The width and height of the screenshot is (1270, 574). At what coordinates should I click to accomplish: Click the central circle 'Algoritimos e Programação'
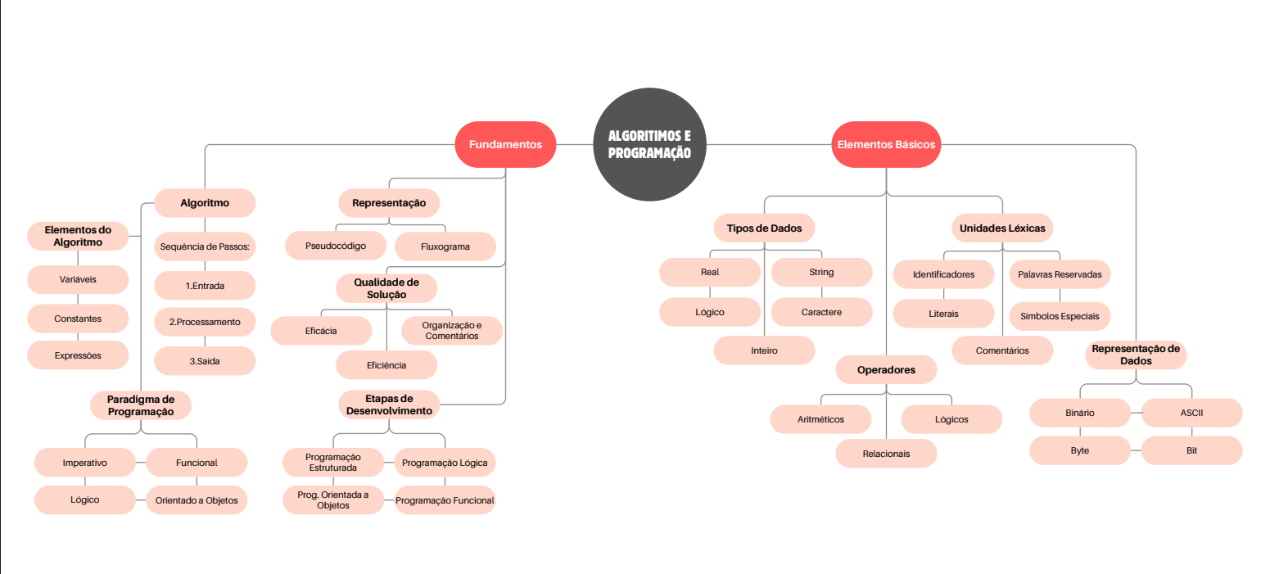pos(649,145)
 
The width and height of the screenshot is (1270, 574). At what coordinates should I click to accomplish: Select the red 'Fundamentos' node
pos(505,145)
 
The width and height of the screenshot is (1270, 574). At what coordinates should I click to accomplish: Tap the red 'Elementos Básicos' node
pos(886,145)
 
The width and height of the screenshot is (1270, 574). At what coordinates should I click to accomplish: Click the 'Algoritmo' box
pos(205,202)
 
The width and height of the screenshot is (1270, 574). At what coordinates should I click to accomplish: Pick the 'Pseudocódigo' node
pos(335,245)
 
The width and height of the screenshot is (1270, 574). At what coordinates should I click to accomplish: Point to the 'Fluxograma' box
pos(445,246)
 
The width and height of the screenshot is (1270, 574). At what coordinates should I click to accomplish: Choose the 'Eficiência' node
pos(386,365)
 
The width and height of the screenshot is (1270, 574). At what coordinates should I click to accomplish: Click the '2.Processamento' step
pos(205,322)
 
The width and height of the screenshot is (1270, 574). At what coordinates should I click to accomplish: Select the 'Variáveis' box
pos(78,279)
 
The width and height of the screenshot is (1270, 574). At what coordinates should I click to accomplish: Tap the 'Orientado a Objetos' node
pos(197,499)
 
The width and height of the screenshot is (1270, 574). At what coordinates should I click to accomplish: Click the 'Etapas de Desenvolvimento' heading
pos(389,405)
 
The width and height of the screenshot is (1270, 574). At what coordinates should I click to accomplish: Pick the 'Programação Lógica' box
pos(445,463)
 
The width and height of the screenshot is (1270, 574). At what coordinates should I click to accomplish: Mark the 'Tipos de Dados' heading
pos(765,228)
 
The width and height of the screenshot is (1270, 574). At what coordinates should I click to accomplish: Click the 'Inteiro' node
pos(765,350)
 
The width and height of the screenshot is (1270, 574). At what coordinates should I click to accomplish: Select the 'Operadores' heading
pos(886,370)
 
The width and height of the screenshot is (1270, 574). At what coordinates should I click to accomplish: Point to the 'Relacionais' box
pos(886,454)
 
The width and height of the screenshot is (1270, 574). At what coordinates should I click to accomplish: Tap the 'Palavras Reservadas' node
pos(1060,274)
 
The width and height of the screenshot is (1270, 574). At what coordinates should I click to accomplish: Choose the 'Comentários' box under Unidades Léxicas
pos(1002,350)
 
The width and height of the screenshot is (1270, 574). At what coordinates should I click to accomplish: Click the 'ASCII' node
pos(1191,413)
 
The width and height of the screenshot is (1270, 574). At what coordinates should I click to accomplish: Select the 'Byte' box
pos(1080,450)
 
